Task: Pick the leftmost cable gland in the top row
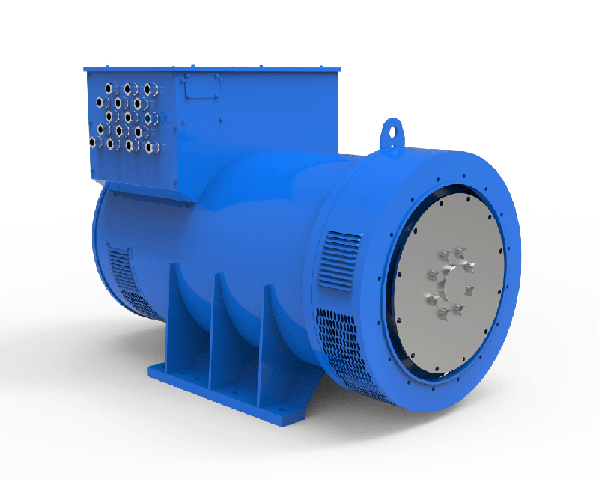[111, 88]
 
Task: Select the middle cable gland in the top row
[129, 88]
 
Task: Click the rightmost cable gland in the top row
[148, 88]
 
